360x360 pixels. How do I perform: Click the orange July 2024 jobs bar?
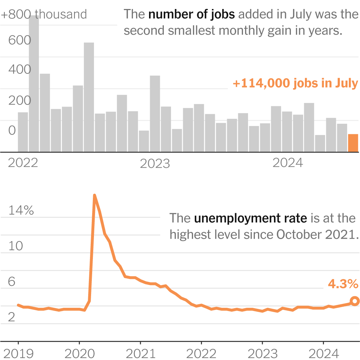point(353,143)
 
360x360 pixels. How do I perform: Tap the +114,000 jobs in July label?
point(295,84)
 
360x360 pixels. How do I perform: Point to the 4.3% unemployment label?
point(343,284)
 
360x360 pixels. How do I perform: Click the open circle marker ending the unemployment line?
point(355,301)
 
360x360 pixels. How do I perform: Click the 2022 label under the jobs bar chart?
point(23,163)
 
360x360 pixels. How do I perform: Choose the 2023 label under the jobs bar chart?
point(155,164)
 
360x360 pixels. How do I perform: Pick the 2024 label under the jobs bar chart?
point(288,163)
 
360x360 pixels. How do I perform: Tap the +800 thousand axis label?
point(44,14)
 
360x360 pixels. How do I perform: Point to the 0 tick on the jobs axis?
point(12,131)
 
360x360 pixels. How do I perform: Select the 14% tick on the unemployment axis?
point(21,211)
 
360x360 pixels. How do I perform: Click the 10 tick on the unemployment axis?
point(15,246)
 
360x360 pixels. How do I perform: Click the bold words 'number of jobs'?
point(192,15)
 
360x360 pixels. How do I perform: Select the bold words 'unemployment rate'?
point(250,218)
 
